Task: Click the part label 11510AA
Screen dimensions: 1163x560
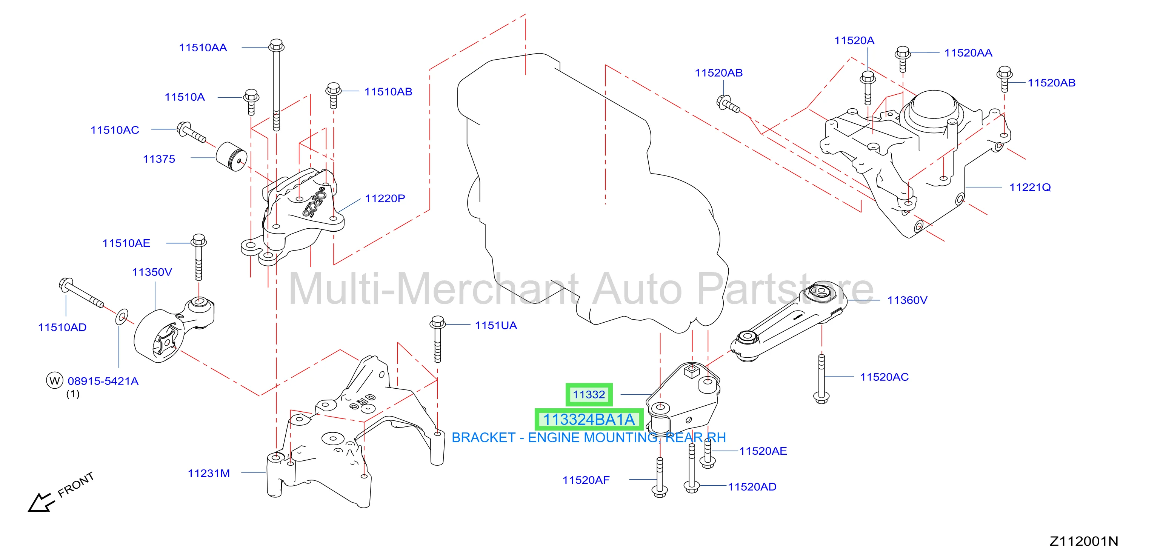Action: point(203,48)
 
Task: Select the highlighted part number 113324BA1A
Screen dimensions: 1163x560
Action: point(589,420)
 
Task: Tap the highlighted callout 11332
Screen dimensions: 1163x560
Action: point(589,395)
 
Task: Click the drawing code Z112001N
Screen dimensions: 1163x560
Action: point(1083,541)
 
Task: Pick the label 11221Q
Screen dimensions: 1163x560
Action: point(1030,187)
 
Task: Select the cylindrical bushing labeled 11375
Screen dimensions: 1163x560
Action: point(231,157)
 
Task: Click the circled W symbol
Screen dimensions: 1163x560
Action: point(55,380)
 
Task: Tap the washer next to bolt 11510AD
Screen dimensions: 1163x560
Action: point(122,317)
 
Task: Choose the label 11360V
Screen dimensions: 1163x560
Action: point(907,300)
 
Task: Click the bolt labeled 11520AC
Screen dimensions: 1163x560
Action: point(821,378)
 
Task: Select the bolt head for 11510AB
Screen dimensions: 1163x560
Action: point(333,89)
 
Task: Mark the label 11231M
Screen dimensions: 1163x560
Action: point(209,473)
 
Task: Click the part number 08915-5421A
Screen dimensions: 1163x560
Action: point(103,381)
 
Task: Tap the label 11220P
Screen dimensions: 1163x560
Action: point(385,198)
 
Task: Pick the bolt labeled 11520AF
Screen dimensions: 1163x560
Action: point(660,477)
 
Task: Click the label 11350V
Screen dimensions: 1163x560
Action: point(152,272)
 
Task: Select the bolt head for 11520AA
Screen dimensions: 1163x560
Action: point(903,52)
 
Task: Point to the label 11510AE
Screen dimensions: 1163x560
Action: point(126,243)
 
